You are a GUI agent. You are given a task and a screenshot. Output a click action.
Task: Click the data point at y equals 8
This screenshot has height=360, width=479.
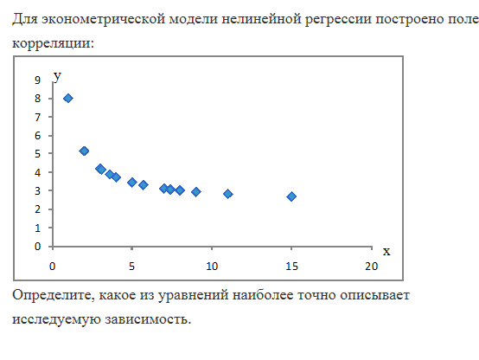coord(68,98)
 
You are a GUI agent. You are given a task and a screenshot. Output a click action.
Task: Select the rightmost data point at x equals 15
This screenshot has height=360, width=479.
coord(291,196)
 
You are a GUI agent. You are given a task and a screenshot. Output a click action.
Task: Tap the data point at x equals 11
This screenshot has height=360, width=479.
coord(228,194)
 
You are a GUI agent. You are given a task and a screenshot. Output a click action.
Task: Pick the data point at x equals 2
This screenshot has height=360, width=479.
coord(84,151)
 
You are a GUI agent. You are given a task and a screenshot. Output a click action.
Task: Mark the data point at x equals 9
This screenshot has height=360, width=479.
coord(195,192)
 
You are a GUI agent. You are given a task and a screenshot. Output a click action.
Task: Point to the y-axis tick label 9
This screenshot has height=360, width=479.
coord(37,80)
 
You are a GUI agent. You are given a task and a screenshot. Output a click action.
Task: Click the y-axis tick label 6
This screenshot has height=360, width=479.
coord(37,136)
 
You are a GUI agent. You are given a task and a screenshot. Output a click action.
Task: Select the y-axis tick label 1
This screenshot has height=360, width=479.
coord(37,228)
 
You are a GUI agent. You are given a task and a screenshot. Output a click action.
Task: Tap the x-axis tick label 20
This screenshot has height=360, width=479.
coord(372,267)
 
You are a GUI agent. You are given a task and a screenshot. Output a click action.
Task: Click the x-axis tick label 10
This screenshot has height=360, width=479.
coord(212,267)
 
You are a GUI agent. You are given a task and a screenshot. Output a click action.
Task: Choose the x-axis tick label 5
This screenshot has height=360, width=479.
coord(131,267)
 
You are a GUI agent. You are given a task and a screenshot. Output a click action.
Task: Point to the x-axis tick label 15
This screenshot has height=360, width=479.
coord(291,267)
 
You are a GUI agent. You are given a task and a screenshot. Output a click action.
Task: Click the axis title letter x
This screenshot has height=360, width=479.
coord(386,252)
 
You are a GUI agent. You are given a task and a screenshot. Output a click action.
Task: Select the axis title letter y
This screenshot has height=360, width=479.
coord(57,76)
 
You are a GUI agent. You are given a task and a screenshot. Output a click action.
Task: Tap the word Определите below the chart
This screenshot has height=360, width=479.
coord(54,296)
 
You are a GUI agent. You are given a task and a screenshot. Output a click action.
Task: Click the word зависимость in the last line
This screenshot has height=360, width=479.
coord(148,319)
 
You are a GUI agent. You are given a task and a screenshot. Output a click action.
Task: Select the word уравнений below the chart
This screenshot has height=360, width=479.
coord(193,296)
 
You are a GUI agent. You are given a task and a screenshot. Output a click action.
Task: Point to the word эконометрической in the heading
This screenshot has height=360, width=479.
coord(103,20)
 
